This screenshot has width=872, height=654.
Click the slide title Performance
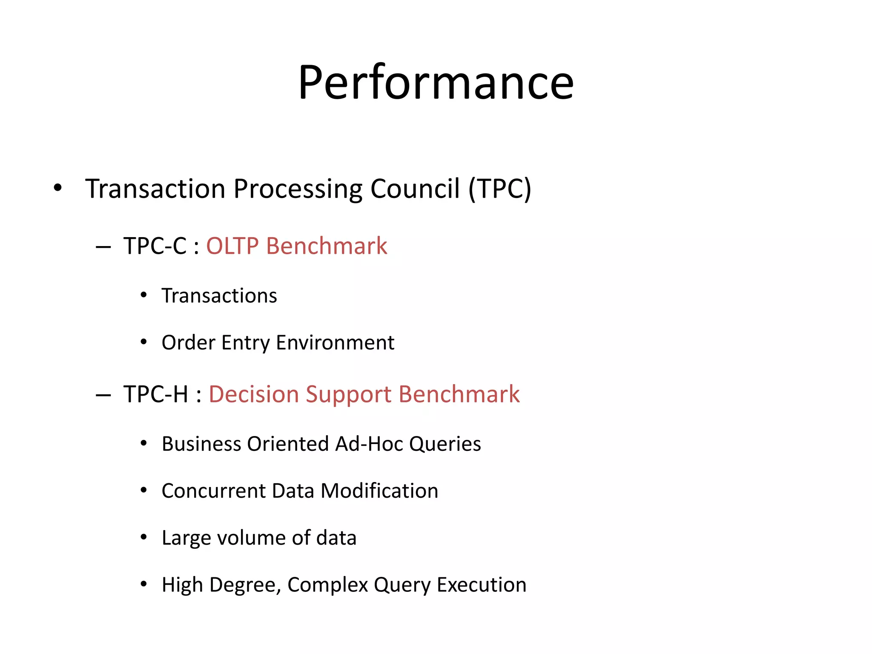click(436, 83)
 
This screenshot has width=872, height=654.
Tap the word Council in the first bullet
click(415, 189)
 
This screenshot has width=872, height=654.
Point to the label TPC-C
click(155, 246)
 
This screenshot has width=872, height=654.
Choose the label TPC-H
click(156, 394)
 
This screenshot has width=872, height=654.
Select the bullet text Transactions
click(219, 295)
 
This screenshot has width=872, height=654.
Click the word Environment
click(335, 342)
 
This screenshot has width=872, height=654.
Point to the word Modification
click(379, 490)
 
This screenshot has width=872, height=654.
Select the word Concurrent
click(214, 490)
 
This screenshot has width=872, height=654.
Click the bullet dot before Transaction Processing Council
click(57, 188)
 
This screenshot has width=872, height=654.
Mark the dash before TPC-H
click(103, 395)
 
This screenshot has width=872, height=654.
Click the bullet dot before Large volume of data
click(143, 537)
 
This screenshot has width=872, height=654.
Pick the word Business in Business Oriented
click(201, 444)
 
